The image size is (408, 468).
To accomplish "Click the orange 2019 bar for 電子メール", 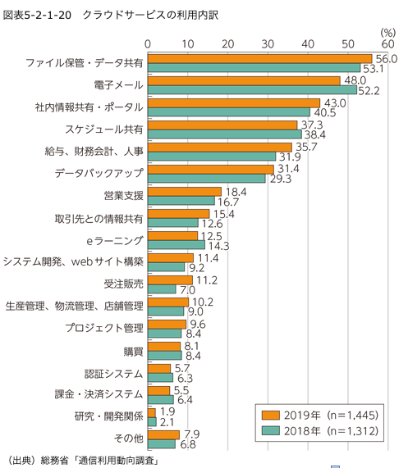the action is tap(244, 81).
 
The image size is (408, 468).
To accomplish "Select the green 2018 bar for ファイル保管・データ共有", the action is tap(254, 68).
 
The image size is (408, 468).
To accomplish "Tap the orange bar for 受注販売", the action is tap(170, 280).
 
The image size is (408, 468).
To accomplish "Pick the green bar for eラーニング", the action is tap(176, 245).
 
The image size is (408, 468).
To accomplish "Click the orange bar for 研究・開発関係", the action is tap(152, 413).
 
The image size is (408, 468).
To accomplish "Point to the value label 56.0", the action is tap(387, 59).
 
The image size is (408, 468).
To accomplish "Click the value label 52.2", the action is tap(369, 91).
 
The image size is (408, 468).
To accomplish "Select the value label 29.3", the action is tap(281, 179).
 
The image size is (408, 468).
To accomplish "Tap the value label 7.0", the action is tap(187, 290).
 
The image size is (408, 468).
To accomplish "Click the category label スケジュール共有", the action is tap(104, 129).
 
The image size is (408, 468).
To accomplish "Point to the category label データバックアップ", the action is tap(99, 174).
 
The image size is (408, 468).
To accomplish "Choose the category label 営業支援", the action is tap(123, 196).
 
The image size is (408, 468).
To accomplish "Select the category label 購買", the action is tap(133, 352).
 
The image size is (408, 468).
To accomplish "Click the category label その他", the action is tap(129, 438).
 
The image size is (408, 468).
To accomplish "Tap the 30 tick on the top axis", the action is tap(268, 44).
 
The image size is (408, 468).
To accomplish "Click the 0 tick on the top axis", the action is tap(148, 44).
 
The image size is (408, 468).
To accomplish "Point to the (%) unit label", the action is tap(388, 33).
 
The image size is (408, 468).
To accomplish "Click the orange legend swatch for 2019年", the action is tap(271, 416).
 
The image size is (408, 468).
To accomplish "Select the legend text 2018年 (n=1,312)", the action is tap(331, 431).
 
